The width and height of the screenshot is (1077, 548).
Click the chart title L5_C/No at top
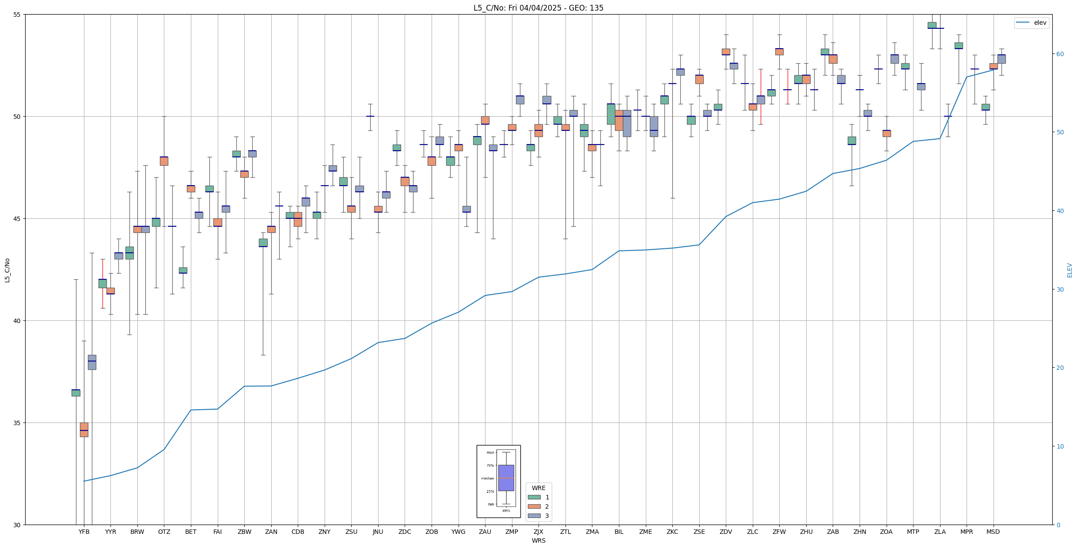click(x=538, y=8)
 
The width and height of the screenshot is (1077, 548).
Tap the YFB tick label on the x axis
click(x=84, y=532)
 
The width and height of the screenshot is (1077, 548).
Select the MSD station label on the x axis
click(x=993, y=532)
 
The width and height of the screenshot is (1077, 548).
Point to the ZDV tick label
click(x=726, y=532)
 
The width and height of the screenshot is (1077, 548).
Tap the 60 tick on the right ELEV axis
click(x=1059, y=54)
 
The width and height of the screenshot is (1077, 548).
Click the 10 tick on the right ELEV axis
click(x=1059, y=446)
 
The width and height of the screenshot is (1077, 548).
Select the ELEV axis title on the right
click(x=1069, y=270)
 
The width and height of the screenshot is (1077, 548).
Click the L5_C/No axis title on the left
click(x=7, y=270)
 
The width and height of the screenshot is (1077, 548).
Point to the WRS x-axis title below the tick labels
click(x=538, y=540)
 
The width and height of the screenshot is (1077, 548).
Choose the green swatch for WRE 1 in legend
click(x=534, y=497)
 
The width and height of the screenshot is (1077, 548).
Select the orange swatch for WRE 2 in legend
click(x=534, y=506)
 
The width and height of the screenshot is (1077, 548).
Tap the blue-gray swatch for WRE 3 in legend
click(x=534, y=516)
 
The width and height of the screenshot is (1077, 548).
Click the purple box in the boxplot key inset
click(x=506, y=478)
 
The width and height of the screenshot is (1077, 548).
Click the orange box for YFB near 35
click(x=84, y=430)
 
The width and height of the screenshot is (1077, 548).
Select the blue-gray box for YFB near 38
click(x=92, y=362)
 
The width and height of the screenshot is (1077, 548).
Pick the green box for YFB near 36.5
click(x=76, y=393)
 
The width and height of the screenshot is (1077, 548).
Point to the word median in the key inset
click(x=487, y=478)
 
